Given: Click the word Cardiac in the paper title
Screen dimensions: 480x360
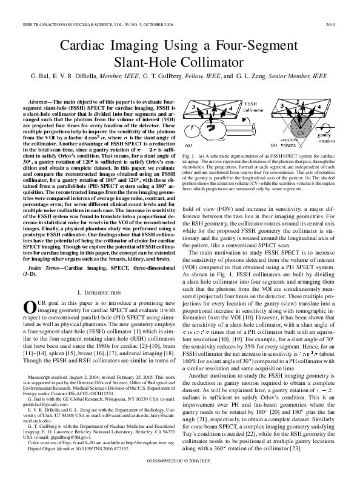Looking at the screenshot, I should (82, 47).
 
